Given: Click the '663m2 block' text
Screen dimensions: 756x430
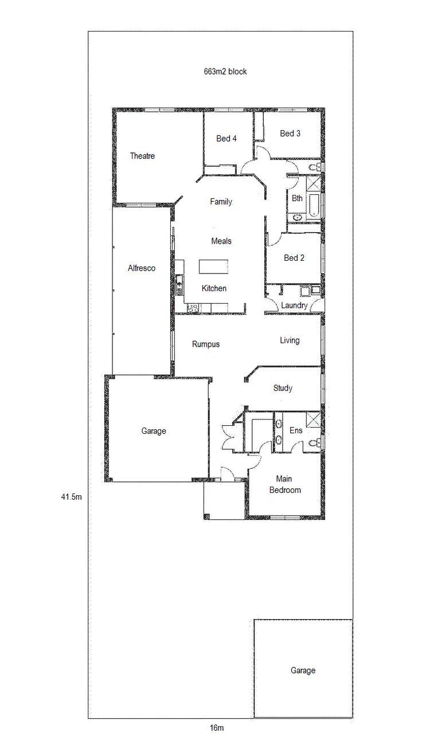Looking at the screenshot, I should pyautogui.click(x=225, y=72).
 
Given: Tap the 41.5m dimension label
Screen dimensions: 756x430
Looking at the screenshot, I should pyautogui.click(x=72, y=497).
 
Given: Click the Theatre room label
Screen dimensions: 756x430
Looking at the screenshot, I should pyautogui.click(x=142, y=156).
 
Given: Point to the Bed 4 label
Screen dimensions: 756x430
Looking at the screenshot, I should pyautogui.click(x=226, y=138).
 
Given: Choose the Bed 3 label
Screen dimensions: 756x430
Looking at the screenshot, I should pyautogui.click(x=290, y=134).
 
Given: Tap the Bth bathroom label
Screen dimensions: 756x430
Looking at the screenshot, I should pyautogui.click(x=297, y=198).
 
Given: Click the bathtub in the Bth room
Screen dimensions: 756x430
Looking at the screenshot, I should pyautogui.click(x=313, y=205).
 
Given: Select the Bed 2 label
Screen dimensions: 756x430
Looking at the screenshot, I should pyautogui.click(x=294, y=258).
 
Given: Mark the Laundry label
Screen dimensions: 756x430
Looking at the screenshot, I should pyautogui.click(x=294, y=305).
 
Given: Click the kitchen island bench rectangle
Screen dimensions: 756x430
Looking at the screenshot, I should pyautogui.click(x=213, y=267).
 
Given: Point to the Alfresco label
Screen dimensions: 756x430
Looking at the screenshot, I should pyautogui.click(x=142, y=268).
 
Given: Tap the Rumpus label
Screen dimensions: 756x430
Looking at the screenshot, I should pyautogui.click(x=206, y=344).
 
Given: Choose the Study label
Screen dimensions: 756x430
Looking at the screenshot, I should pyautogui.click(x=283, y=388).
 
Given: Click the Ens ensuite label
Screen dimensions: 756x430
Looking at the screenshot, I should pyautogui.click(x=296, y=430).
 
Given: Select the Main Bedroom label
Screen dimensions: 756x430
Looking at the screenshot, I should pyautogui.click(x=285, y=484).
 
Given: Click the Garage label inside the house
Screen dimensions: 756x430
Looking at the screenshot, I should pyautogui.click(x=154, y=431).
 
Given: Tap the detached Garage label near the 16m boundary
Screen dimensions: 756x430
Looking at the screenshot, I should pyautogui.click(x=303, y=670).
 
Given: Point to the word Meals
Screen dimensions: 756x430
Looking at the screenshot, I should pyautogui.click(x=221, y=241).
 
